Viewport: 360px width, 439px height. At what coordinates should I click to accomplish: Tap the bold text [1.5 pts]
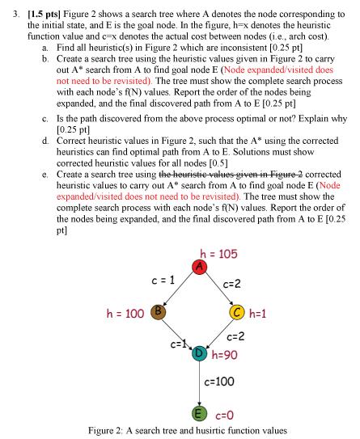pos(49,15)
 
